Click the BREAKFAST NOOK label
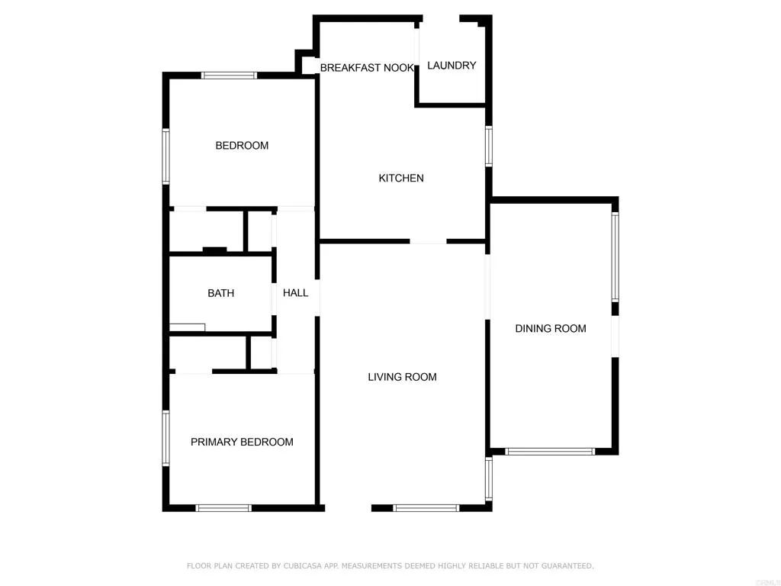367,68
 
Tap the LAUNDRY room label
452,66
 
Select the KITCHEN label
401,179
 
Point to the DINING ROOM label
551,329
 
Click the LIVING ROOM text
402,377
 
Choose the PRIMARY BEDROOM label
242,442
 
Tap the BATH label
220,293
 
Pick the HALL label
296,293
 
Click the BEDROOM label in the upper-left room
242,146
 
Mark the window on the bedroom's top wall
229,75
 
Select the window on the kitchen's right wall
489,146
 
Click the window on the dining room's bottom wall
550,451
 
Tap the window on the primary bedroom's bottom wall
223,507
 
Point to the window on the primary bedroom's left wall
166,438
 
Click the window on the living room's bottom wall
426,507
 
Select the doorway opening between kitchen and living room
428,242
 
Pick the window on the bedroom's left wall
166,156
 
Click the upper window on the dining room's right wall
615,256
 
